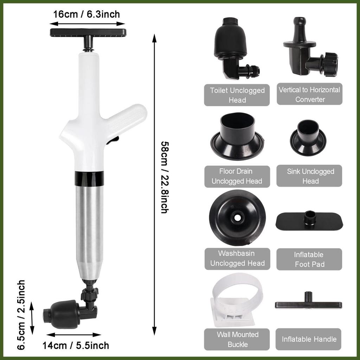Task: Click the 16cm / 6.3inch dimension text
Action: pos(86,14)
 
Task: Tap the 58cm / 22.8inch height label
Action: pos(165,177)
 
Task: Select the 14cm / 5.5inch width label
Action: pos(76,346)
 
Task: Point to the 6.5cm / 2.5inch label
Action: pos(21,315)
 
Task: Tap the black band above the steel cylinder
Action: pos(89,178)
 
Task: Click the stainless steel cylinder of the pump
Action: pos(89,232)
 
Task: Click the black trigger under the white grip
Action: pos(113,140)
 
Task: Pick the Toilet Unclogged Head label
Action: pos(237,95)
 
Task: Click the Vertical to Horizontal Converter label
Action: pos(309,94)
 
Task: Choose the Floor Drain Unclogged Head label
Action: pos(237,176)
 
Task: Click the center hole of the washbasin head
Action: pos(237,217)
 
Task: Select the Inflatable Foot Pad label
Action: pos(309,259)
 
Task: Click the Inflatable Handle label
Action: pos(309,339)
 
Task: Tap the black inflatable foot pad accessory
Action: pos(309,221)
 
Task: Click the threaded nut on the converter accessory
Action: pos(330,64)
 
